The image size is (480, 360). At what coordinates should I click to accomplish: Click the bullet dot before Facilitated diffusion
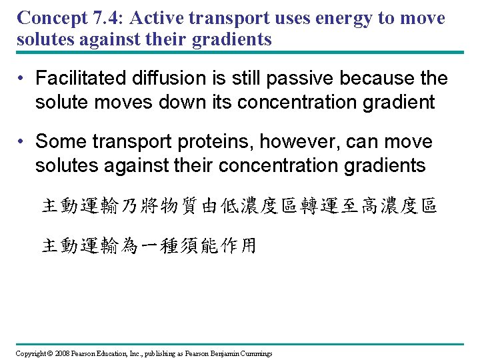point(22,79)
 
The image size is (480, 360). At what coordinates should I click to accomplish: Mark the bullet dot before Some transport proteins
point(22,142)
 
